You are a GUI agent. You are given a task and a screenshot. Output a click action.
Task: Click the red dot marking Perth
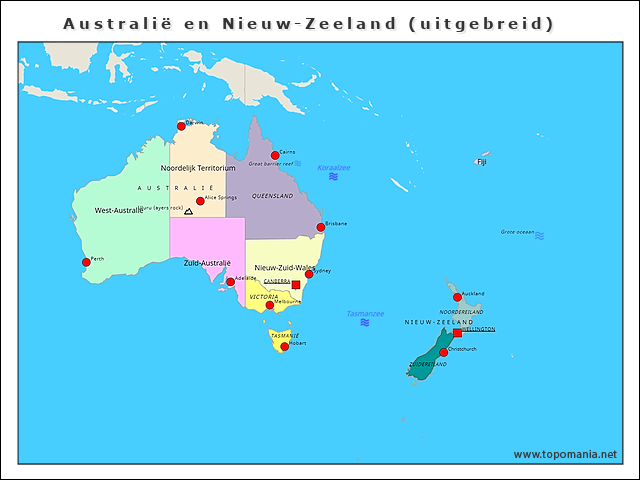tap(86, 263)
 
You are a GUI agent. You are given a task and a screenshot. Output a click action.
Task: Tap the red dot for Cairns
tap(275, 155)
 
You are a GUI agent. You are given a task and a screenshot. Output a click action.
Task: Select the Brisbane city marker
tap(321, 227)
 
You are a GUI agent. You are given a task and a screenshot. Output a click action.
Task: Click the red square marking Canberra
tap(295, 285)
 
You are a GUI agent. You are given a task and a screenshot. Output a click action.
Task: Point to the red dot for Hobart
tap(285, 347)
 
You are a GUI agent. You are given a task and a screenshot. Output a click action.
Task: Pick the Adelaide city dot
tap(230, 282)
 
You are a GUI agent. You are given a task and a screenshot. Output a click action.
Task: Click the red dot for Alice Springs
tap(200, 201)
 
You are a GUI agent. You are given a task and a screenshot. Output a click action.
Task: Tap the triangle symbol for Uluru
tap(188, 212)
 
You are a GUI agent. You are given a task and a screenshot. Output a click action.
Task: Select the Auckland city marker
tap(457, 297)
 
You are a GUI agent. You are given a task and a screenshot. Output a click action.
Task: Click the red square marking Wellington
tap(458, 332)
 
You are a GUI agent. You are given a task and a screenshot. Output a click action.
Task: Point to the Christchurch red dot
tap(443, 352)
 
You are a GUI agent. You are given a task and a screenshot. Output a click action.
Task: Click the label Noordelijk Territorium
tap(198, 168)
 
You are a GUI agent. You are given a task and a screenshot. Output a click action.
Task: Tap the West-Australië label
tap(119, 211)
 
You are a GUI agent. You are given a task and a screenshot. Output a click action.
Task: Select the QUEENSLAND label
tap(272, 196)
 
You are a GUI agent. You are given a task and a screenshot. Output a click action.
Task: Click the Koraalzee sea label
tap(334, 167)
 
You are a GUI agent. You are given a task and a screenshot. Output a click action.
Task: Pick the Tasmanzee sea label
tap(365, 313)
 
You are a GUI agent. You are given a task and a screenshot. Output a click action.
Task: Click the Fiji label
tap(481, 161)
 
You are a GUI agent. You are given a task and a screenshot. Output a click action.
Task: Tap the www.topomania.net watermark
tap(564, 454)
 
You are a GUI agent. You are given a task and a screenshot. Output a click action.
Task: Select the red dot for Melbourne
tap(269, 305)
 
